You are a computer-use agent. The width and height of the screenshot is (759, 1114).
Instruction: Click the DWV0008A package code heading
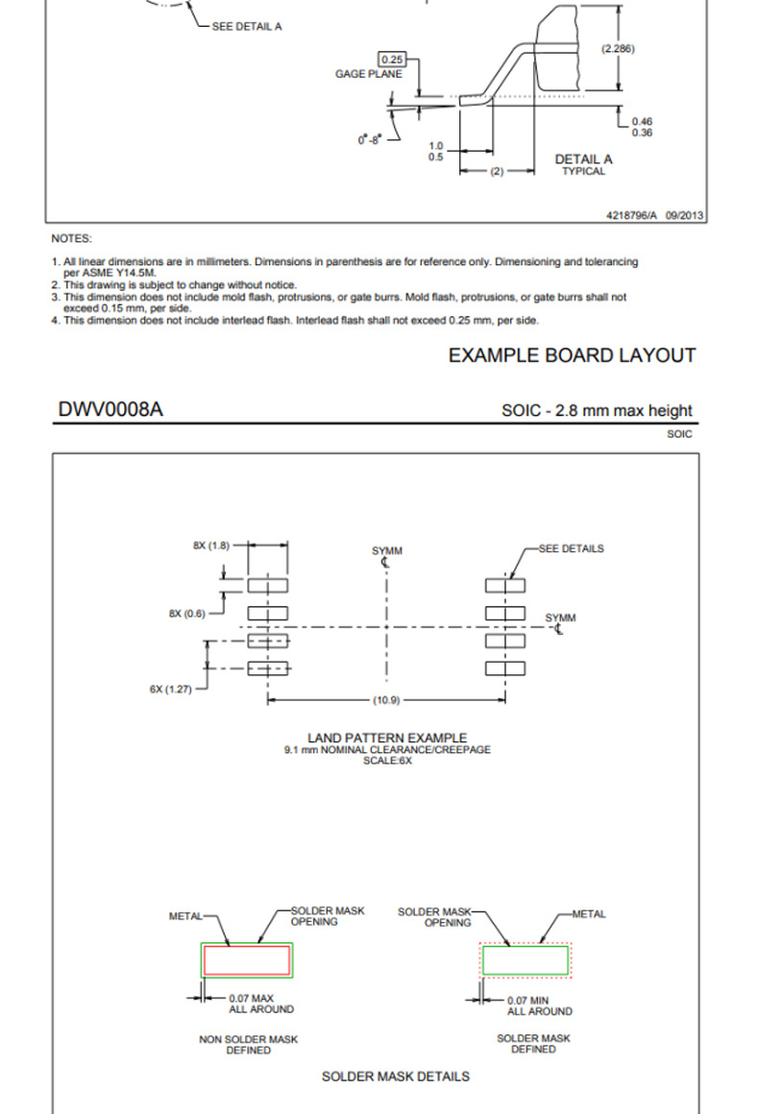[x=110, y=410]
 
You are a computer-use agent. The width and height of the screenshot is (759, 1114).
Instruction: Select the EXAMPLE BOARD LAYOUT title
[x=572, y=355]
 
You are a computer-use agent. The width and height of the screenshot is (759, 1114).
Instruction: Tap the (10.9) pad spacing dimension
[x=386, y=700]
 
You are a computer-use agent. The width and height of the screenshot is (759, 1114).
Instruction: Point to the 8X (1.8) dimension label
[x=211, y=545]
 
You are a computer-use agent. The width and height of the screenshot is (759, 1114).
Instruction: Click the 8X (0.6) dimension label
[x=187, y=614]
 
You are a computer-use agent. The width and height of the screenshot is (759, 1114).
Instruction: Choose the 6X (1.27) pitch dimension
[x=171, y=690]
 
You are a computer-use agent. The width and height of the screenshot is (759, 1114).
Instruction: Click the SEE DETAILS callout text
[x=571, y=548]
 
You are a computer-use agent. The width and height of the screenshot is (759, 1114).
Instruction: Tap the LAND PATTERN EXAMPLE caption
[x=386, y=738]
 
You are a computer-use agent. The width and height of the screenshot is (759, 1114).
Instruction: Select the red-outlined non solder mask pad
[x=247, y=960]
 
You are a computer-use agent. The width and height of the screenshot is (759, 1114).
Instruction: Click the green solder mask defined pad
[x=526, y=960]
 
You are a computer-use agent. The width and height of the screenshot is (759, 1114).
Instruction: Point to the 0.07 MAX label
[x=251, y=999]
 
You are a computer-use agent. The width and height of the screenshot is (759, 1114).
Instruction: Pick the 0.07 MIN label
[x=527, y=1000]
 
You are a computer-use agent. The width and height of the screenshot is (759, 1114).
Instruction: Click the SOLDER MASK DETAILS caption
[x=395, y=1077]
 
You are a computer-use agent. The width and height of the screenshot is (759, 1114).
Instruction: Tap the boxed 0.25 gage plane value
[x=391, y=60]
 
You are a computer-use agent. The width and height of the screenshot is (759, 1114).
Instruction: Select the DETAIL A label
[x=583, y=158]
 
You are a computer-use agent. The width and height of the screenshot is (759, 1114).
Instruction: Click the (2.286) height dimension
[x=618, y=48]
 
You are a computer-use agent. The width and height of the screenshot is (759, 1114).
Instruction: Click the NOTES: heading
[x=71, y=238]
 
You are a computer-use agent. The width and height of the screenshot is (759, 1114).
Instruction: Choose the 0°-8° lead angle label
[x=369, y=139]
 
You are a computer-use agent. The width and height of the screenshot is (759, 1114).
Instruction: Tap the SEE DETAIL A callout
[x=247, y=27]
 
